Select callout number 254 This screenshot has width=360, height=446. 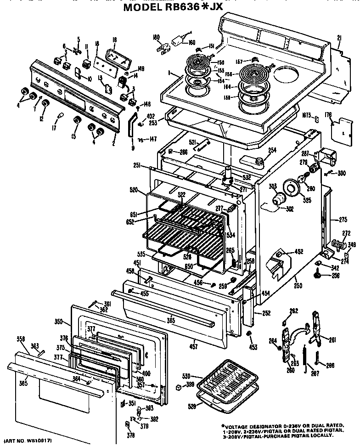pos(272,150)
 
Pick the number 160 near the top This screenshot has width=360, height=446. pos(191,43)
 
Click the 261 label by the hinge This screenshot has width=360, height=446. pos(332,339)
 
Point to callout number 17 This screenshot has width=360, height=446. pos(54,129)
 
